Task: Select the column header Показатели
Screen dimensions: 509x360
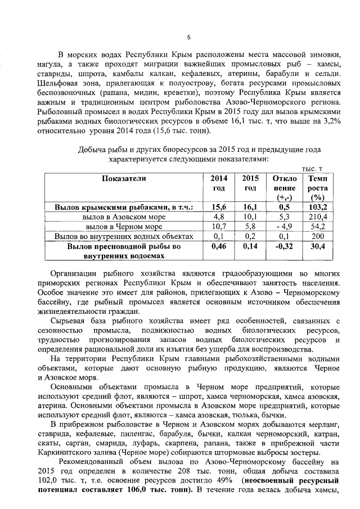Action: [124, 178]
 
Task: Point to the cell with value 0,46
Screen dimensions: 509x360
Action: [218, 246]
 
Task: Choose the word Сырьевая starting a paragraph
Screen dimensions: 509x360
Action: [67, 320]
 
